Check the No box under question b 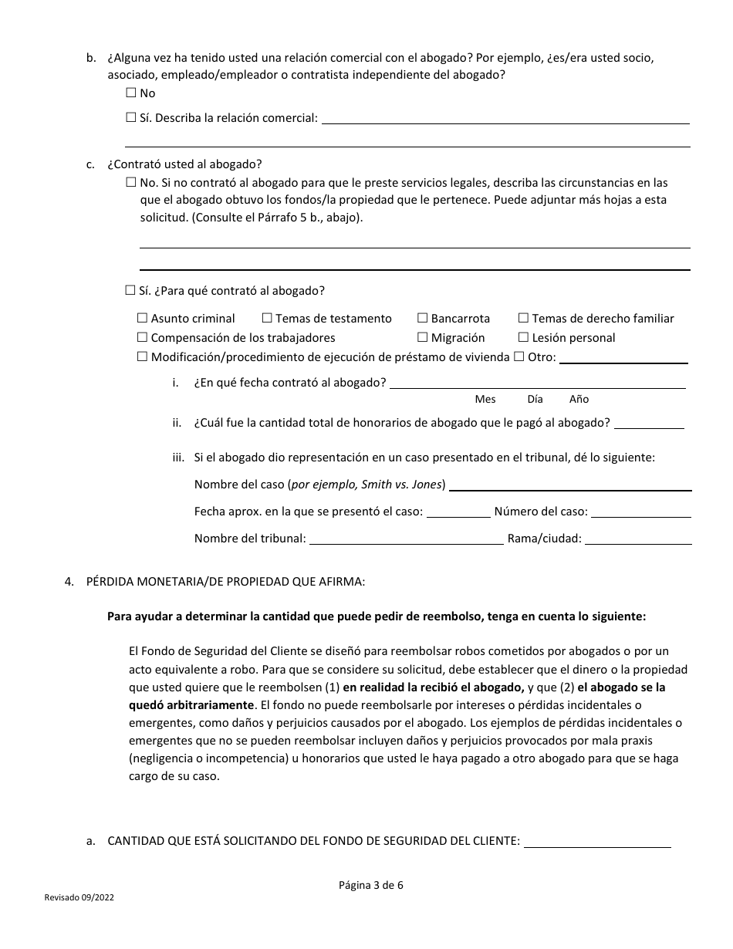click(130, 93)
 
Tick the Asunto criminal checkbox click(142, 318)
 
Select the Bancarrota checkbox click(422, 318)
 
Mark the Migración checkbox click(422, 337)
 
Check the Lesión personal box click(523, 337)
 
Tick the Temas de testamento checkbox click(267, 318)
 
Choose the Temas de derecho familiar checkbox click(523, 318)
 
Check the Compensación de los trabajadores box click(142, 337)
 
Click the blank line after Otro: click(623, 356)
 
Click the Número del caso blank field click(640, 511)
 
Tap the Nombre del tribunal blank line click(406, 538)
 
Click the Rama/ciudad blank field click(638, 538)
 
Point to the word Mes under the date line click(485, 399)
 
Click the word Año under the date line click(579, 399)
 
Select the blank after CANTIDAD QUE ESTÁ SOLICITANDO click(597, 841)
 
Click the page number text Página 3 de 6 click(370, 885)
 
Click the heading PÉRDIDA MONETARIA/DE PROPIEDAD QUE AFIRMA click(225, 582)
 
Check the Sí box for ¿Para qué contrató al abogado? click(130, 291)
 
